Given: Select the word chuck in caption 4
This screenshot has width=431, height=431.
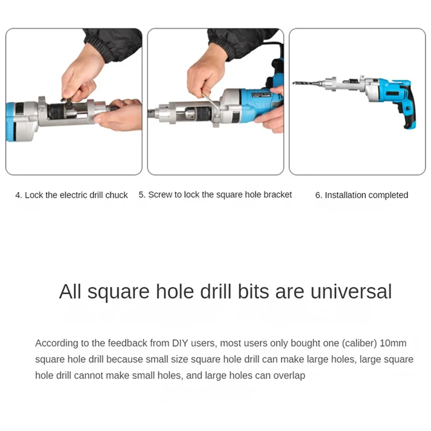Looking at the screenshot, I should click(116, 195).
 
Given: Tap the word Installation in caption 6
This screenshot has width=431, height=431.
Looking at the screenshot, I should click(345, 195).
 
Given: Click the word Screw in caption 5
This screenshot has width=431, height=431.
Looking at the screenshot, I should click(159, 194).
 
